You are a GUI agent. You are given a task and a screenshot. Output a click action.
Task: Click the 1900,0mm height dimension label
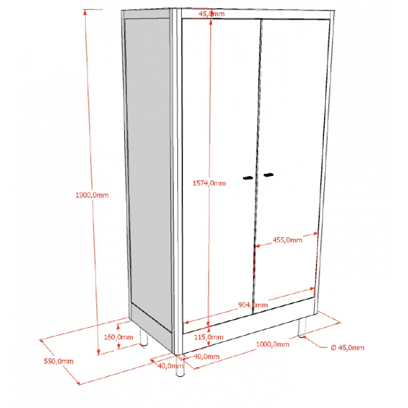tap(92, 195)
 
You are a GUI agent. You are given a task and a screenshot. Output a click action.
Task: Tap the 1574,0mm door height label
tap(209, 183)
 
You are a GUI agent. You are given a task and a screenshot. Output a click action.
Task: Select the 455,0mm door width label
tap(287, 240)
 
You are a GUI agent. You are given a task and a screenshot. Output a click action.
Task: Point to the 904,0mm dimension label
tap(253, 305)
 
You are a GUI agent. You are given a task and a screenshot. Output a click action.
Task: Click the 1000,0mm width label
tap(272, 344)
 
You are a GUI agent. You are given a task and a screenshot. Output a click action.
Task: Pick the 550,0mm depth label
tap(58, 361)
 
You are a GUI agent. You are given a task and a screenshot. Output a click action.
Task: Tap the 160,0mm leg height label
tap(118, 337)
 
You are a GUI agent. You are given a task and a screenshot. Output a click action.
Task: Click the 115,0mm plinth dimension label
tap(209, 337)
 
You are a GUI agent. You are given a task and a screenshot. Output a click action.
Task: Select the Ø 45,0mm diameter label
tap(347, 347)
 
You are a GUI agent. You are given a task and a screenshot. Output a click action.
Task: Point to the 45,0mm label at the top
tap(212, 13)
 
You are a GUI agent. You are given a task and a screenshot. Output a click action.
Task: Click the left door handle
tap(248, 178)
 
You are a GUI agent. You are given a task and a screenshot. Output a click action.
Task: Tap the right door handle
tap(269, 175)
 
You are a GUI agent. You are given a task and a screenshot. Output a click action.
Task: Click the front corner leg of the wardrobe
tap(180, 365)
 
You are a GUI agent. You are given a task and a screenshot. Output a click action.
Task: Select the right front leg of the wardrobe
tap(302, 328)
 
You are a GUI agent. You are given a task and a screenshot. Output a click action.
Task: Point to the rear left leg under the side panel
tap(143, 337)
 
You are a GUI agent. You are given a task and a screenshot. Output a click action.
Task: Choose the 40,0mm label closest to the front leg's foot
tap(170, 366)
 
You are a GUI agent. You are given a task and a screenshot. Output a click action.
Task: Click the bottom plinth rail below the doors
tap(249, 326)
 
